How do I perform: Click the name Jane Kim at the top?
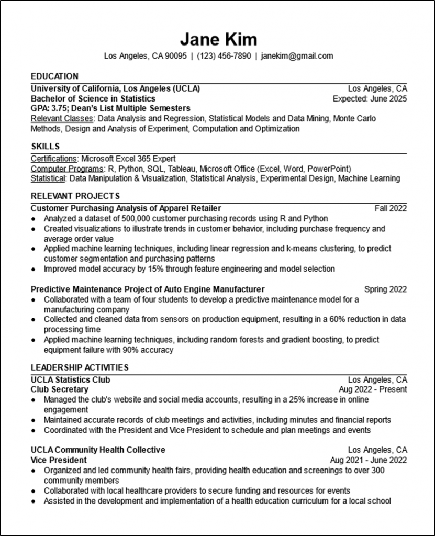point(218,39)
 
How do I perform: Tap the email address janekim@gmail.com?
point(297,56)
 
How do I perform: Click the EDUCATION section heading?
point(54,76)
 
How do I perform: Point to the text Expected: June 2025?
point(370,98)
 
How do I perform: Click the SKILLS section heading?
point(45,146)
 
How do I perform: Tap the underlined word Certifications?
point(53,159)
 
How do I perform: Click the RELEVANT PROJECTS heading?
point(75,196)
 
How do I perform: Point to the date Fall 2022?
point(391,208)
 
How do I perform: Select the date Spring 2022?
point(385,289)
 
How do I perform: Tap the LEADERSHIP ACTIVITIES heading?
point(80,367)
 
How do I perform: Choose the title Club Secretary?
point(60,389)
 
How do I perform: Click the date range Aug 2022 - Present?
point(373,389)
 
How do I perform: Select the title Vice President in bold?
point(59,460)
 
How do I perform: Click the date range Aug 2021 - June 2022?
point(369,460)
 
